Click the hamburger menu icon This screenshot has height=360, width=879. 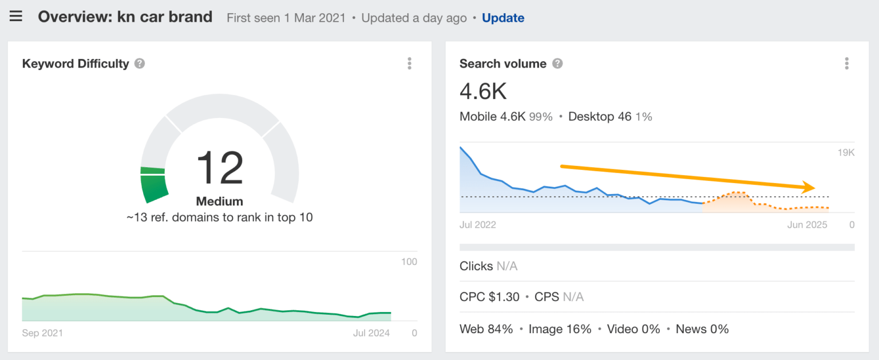point(16,17)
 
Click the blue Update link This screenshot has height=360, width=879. point(503,18)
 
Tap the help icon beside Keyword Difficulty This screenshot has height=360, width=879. point(140,64)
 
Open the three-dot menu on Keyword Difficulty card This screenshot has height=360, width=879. point(409,64)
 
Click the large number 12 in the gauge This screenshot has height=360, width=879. point(220,168)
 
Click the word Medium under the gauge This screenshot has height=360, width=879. point(219,201)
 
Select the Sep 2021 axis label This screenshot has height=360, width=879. point(42,333)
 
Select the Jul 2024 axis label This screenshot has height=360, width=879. point(371,333)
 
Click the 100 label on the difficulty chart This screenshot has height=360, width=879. point(409,262)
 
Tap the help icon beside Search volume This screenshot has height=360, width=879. point(557,64)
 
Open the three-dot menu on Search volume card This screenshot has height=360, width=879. point(846,64)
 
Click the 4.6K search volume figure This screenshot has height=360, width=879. point(483,92)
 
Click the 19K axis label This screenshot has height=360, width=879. point(845,153)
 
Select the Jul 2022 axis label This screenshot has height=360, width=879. point(478,225)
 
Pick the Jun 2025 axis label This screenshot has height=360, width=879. point(807,225)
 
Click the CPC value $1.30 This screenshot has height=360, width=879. point(504,297)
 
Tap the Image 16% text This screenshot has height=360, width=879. point(560,329)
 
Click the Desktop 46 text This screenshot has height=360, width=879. point(600,117)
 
